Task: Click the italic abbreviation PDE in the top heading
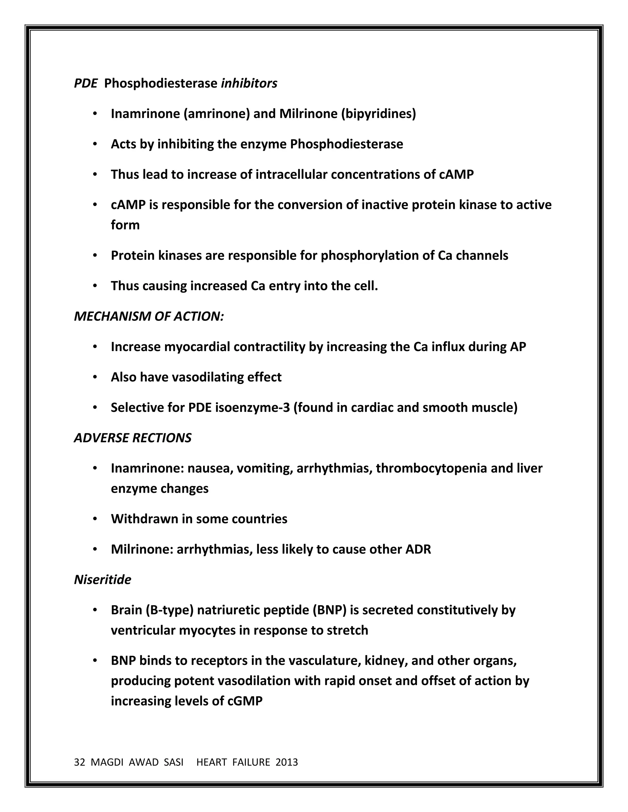pyautogui.click(x=85, y=83)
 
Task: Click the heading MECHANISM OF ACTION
pyautogui.click(x=149, y=317)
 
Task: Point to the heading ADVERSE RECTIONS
pyautogui.click(x=133, y=438)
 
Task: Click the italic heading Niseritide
pyautogui.click(x=103, y=580)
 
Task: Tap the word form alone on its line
pyautogui.click(x=125, y=225)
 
